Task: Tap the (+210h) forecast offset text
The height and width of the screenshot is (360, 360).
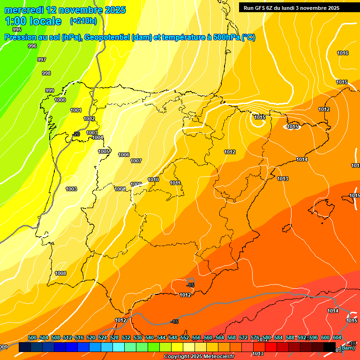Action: point(83,21)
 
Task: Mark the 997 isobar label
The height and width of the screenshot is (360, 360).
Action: point(42,60)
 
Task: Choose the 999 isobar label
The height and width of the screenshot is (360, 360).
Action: point(50,90)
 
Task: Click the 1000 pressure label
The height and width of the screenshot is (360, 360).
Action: point(60,100)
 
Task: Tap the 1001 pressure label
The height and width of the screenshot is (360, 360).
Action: point(76,110)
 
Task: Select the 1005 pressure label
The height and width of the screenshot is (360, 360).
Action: point(104,151)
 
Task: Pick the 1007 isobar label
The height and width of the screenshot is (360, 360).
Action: point(136,161)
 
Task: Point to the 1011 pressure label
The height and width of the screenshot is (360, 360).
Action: point(175,183)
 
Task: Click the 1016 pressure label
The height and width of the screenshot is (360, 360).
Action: point(343,53)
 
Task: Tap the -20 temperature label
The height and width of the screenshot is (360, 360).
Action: point(76,134)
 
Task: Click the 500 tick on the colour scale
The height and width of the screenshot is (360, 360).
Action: point(32,337)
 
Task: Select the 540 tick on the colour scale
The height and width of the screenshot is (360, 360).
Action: point(150,337)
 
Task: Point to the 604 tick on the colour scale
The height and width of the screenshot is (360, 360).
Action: point(337,337)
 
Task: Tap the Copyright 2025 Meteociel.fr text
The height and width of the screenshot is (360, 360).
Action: point(199,357)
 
